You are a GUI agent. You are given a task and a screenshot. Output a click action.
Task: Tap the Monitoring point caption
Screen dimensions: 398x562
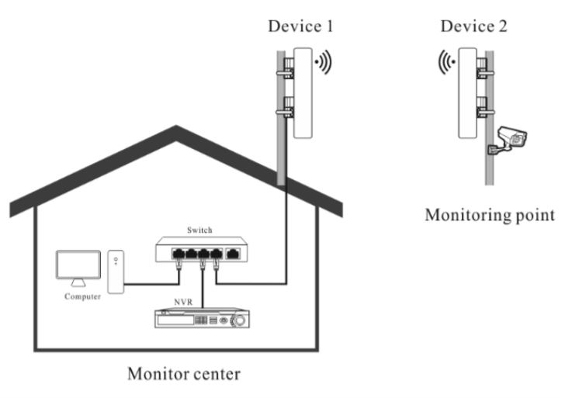click(488, 215)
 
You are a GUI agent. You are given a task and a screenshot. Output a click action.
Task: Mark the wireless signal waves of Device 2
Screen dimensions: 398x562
click(444, 63)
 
